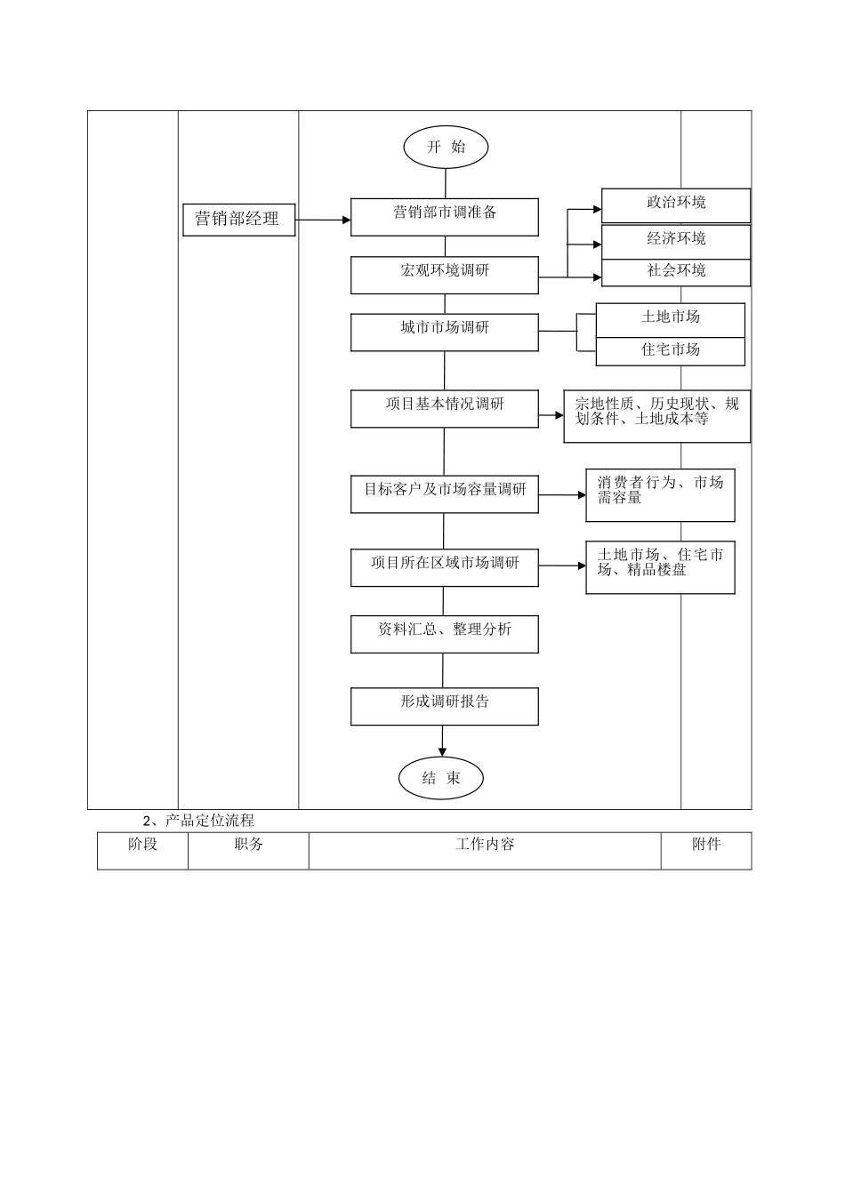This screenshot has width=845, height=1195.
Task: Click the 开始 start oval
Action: click(x=446, y=148)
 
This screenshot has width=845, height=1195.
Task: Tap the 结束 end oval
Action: click(x=441, y=778)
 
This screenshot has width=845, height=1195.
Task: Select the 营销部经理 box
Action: click(x=238, y=219)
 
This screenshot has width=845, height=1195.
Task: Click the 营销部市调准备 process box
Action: click(x=445, y=217)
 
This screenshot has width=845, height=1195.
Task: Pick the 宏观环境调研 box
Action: click(x=445, y=275)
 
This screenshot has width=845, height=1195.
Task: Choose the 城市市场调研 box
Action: click(x=445, y=332)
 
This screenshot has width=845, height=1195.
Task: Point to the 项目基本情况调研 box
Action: click(x=445, y=408)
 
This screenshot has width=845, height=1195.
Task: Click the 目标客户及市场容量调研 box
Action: click(x=445, y=493)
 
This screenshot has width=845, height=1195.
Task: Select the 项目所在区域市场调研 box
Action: click(x=445, y=567)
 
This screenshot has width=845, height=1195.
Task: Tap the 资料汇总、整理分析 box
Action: click(x=445, y=634)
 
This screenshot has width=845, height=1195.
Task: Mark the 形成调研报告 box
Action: click(x=445, y=706)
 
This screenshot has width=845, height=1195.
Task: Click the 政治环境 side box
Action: click(x=676, y=205)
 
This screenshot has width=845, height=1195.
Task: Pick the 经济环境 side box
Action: click(x=676, y=241)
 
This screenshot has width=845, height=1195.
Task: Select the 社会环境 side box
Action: click(x=676, y=272)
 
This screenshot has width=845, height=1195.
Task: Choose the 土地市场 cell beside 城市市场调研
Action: click(x=671, y=319)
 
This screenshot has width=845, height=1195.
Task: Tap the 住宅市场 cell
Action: click(x=671, y=351)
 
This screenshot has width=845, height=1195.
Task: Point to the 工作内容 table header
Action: click(x=485, y=845)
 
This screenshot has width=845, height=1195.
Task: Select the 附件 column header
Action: click(x=706, y=845)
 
